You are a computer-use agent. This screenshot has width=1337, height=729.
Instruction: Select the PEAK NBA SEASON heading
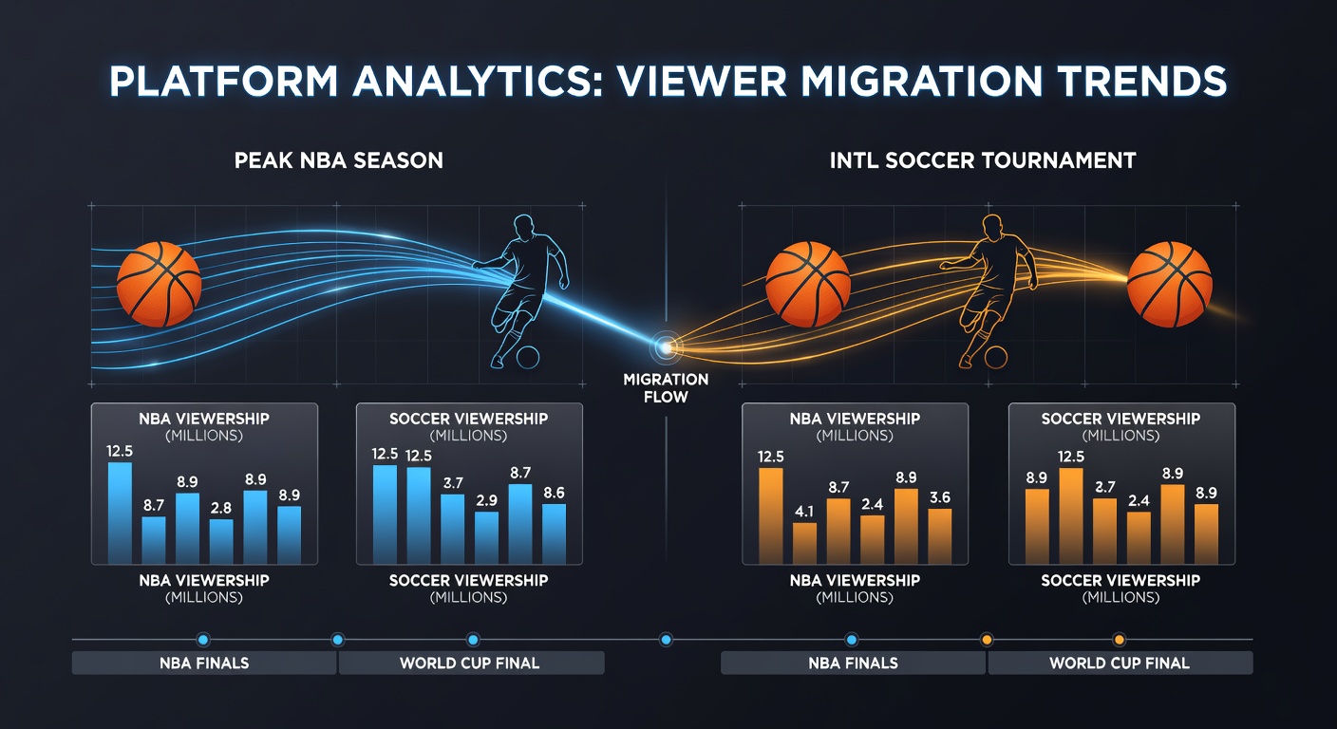click(338, 160)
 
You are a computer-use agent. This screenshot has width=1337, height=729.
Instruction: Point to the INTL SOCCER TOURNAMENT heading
click(983, 160)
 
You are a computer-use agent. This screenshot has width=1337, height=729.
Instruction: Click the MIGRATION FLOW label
click(666, 388)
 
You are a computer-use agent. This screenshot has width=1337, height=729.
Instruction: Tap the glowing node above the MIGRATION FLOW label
click(666, 346)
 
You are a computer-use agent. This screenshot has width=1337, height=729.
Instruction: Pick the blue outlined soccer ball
click(528, 358)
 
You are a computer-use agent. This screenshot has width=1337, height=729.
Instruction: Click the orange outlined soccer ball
click(995, 358)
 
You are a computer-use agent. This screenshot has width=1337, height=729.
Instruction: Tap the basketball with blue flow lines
click(159, 284)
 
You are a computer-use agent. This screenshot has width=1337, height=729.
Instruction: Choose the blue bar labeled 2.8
click(221, 541)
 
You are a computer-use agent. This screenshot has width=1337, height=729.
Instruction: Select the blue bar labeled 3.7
click(452, 529)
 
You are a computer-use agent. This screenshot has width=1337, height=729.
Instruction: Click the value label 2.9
click(486, 500)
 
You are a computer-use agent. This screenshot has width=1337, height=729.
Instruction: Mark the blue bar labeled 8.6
click(554, 533)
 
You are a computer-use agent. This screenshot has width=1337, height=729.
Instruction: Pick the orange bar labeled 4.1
click(804, 543)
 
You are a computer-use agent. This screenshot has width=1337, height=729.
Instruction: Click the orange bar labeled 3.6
click(940, 536)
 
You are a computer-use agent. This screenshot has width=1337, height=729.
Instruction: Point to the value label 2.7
click(1104, 487)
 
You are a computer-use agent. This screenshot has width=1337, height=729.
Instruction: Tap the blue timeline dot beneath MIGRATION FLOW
click(666, 640)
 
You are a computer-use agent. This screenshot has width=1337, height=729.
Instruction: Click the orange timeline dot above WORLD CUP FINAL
click(1120, 640)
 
